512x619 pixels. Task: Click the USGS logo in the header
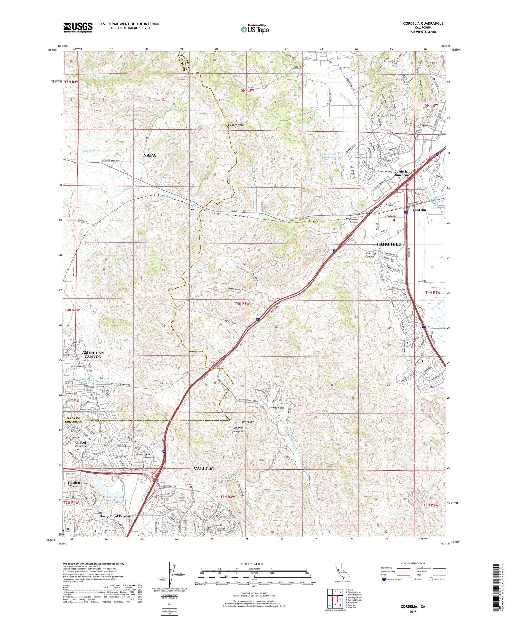point(78,27)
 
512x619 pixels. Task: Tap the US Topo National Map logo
point(254,29)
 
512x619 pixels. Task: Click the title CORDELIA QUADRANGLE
point(423,23)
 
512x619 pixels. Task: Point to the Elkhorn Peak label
point(236,125)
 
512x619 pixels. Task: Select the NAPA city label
point(150,155)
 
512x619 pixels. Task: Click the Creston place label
point(193,209)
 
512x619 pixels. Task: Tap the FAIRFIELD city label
point(389,244)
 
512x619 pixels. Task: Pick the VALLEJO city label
point(204,469)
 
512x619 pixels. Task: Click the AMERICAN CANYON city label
point(93,354)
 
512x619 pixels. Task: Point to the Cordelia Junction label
point(401,173)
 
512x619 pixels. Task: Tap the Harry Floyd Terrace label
point(115,516)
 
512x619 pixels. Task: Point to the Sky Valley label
point(248,422)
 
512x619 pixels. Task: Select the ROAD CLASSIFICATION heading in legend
point(413,563)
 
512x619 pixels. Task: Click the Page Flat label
point(279,407)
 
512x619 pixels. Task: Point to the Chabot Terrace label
point(81,444)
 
